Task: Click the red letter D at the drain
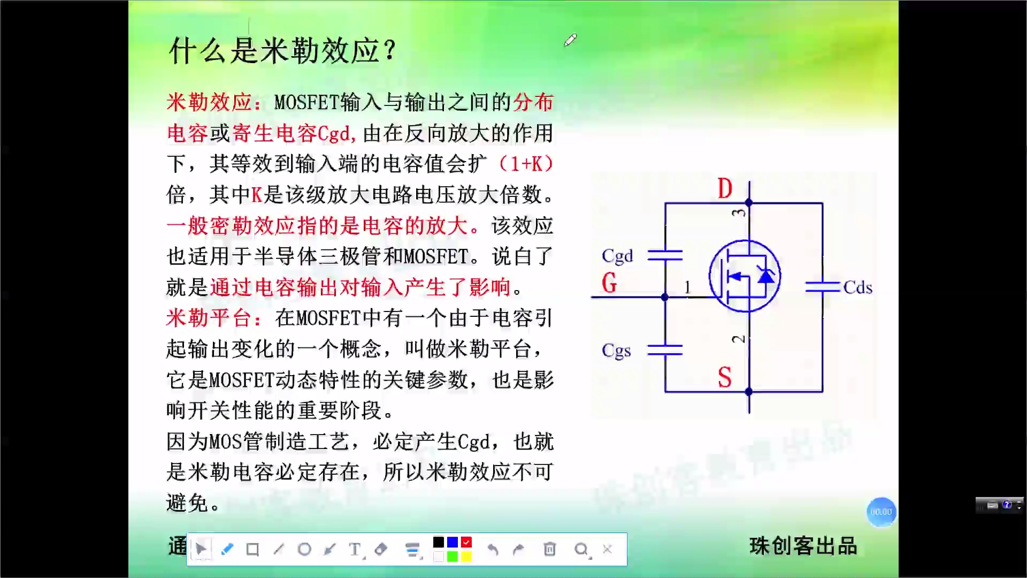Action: coord(725,188)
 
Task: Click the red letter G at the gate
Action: coord(609,283)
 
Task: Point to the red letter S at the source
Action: coord(725,377)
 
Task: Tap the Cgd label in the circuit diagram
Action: coord(617,256)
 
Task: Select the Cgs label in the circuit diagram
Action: coord(616,351)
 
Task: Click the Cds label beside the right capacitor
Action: coord(857,287)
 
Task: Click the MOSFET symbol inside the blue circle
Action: coord(745,276)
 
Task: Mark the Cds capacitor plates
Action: coord(822,287)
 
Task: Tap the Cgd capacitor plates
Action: coord(665,255)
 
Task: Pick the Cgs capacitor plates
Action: coord(665,350)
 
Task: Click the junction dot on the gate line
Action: coord(665,297)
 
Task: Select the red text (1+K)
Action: coord(526,164)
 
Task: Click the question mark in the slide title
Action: coord(390,50)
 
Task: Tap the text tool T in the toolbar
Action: coord(355,549)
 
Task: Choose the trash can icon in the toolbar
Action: coord(549,549)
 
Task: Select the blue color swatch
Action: coord(453,542)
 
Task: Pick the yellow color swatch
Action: coord(466,557)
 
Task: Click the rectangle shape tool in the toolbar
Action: coord(252,549)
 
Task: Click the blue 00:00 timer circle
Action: coord(881,512)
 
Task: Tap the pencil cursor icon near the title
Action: coord(570,40)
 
